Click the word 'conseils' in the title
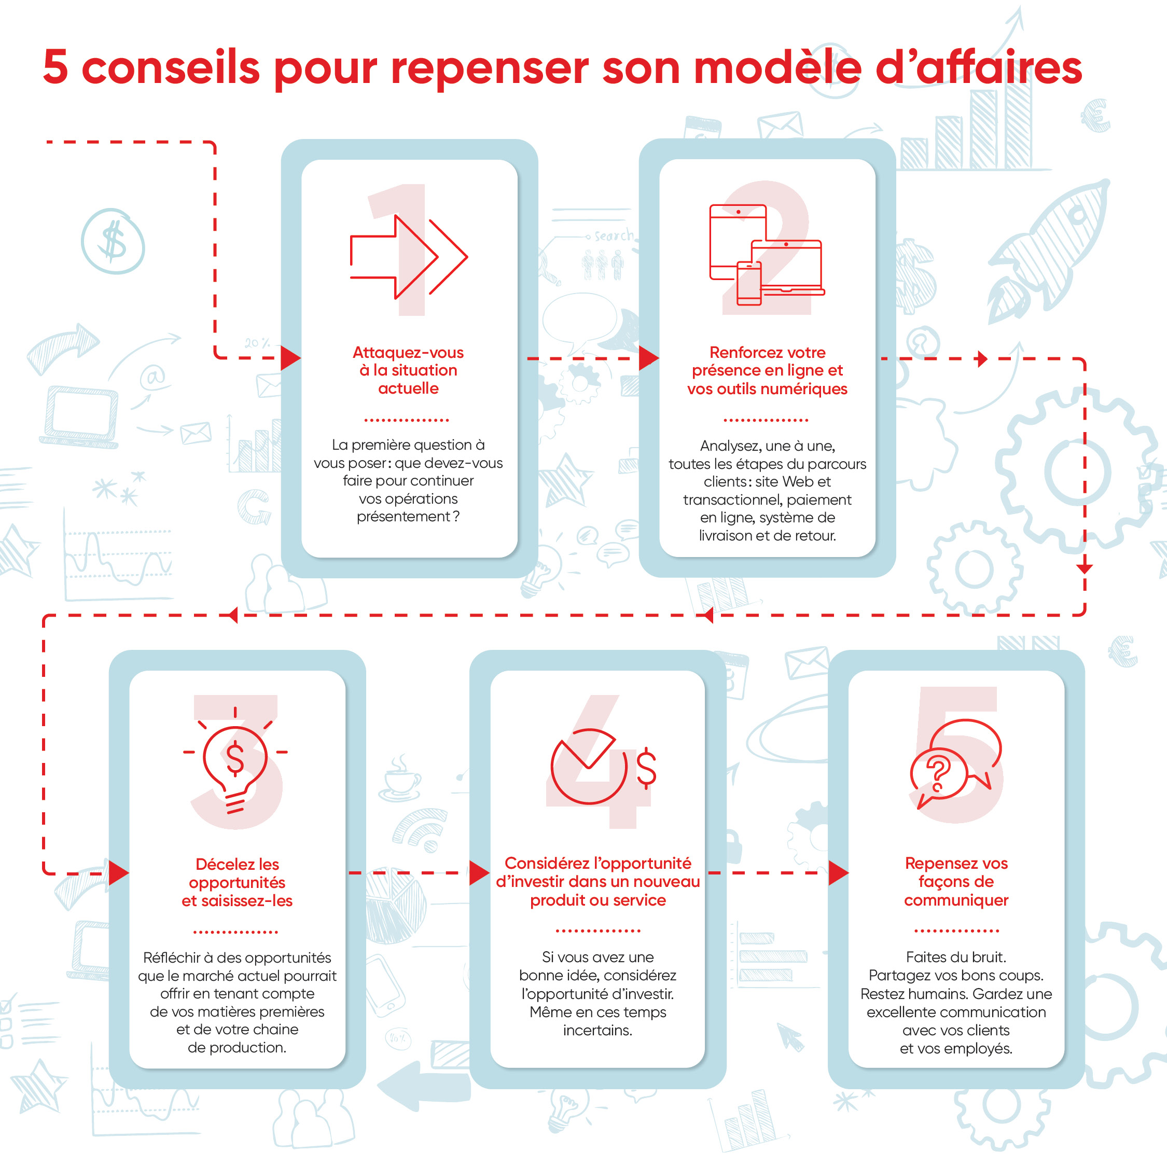pos(170,67)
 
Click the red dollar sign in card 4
pos(646,768)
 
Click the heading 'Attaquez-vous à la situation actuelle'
pos(408,370)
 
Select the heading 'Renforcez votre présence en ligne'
pos(767,370)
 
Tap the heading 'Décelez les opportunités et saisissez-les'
pos(237,882)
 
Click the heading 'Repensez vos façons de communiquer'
pos(956,881)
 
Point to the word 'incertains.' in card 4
pos(598,1030)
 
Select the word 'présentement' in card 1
pos(403,517)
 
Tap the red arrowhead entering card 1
pos(290,358)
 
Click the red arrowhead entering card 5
pos(838,873)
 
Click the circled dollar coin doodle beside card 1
pos(113,242)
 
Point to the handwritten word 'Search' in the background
pos(614,235)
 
